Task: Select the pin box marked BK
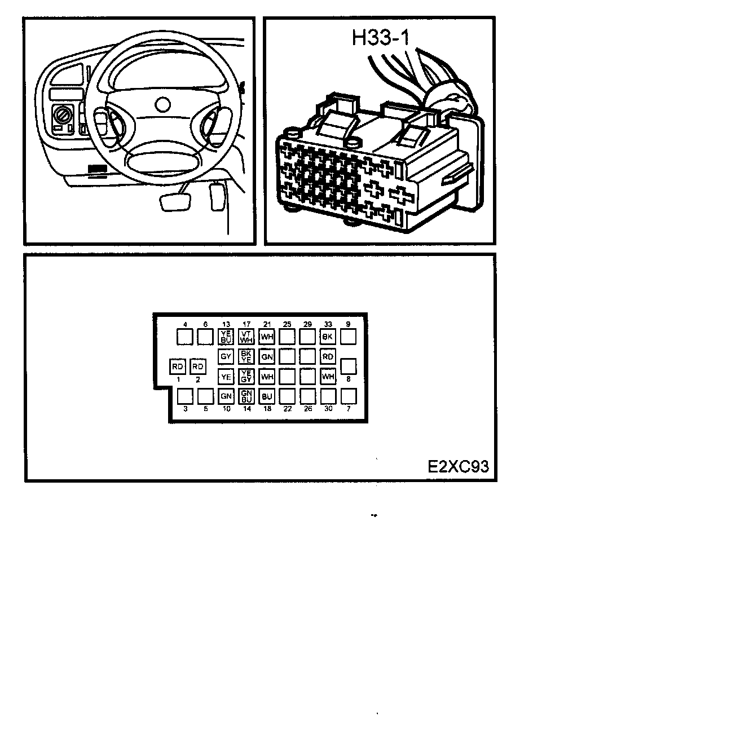pos(328,337)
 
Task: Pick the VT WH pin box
pos(246,337)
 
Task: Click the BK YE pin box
pos(246,356)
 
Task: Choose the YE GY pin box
pos(246,376)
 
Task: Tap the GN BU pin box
pos(246,396)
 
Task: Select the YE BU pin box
pos(226,337)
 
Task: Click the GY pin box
pos(226,356)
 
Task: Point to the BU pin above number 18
pos(267,396)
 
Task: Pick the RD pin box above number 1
pos(178,366)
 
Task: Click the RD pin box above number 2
pos(198,366)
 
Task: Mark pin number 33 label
pos(328,324)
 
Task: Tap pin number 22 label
pos(287,409)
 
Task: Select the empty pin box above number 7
pos(349,396)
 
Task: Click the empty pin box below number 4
pos(185,337)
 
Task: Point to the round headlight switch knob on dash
pos(61,118)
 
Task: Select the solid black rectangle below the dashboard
pos(98,169)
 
